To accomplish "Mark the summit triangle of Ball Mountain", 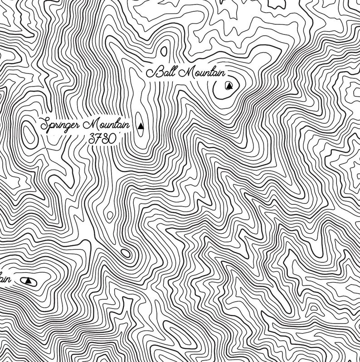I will click(x=229, y=86).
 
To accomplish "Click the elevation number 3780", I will click(x=102, y=139).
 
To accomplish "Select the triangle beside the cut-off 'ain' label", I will click(x=29, y=280).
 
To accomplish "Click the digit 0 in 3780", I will click(x=111, y=139).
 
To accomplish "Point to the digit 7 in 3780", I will click(x=99, y=139).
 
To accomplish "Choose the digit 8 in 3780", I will click(x=105, y=139).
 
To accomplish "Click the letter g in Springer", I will click(x=68, y=127).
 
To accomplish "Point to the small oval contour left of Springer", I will click(x=29, y=135).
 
